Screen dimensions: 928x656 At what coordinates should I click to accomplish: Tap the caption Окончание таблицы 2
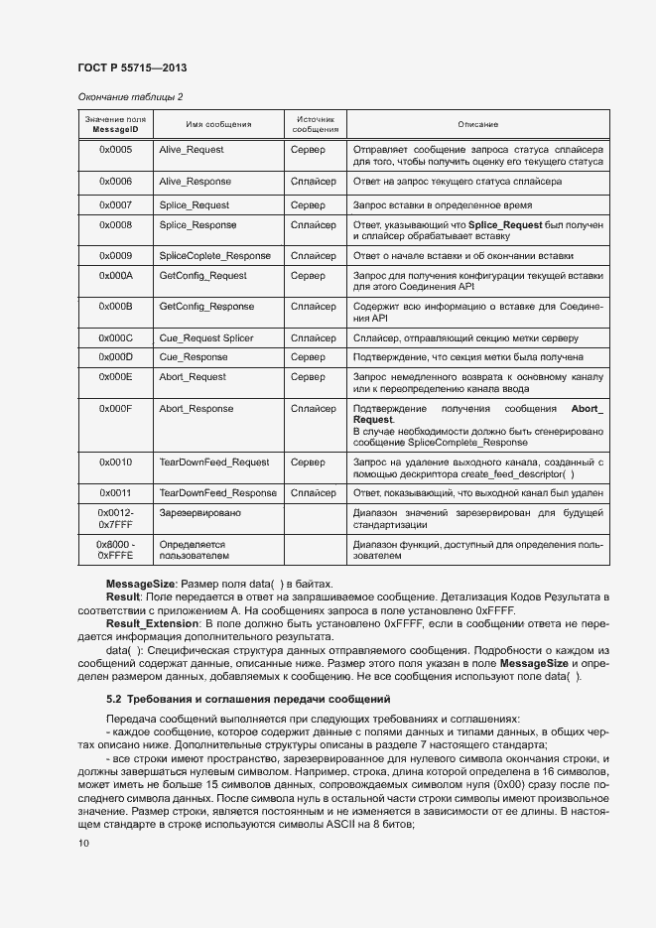pyautogui.click(x=130, y=96)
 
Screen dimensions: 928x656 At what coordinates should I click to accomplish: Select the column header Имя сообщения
pyautogui.click(x=218, y=125)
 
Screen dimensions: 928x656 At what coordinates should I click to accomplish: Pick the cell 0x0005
pyautogui.click(x=115, y=150)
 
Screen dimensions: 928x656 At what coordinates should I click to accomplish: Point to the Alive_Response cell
pyautogui.click(x=195, y=182)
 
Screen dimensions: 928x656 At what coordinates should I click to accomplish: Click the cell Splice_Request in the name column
pyautogui.click(x=194, y=205)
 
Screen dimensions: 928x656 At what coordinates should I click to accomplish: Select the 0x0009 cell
pyautogui.click(x=115, y=255)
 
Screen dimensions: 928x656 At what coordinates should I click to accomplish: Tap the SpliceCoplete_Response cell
pyautogui.click(x=214, y=255)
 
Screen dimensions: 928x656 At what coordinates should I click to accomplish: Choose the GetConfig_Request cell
pyautogui.click(x=202, y=275)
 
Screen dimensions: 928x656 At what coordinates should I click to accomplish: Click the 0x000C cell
pyautogui.click(x=115, y=337)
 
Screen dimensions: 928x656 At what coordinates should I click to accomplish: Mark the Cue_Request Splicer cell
pyautogui.click(x=206, y=337)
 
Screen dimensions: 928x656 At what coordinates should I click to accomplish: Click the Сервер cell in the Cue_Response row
pyautogui.click(x=308, y=356)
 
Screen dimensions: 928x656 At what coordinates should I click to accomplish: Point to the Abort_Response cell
pyautogui.click(x=197, y=409)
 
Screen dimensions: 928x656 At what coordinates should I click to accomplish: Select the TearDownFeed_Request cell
pyautogui.click(x=214, y=463)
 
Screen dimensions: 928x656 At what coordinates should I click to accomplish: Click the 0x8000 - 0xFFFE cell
pyautogui.click(x=115, y=551)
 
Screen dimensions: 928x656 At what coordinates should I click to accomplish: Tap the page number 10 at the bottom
pyautogui.click(x=83, y=844)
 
